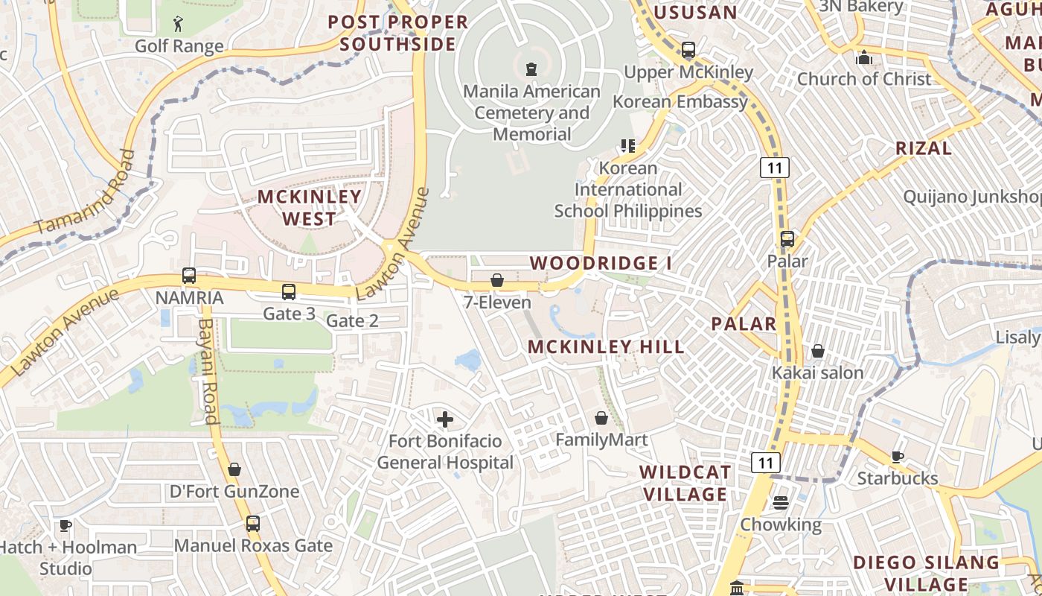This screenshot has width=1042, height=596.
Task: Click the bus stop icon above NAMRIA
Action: pos(189,276)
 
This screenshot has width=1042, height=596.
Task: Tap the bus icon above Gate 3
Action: pos(288,292)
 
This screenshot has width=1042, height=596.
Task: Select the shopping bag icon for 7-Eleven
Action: pos(496,280)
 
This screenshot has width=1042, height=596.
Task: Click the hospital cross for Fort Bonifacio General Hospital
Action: pos(445,419)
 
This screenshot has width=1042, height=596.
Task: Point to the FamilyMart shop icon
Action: pos(601,418)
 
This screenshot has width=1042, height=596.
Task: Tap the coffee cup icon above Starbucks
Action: pos(898,457)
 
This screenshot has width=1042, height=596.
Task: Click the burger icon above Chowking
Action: pos(780,503)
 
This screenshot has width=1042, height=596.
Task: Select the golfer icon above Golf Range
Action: pos(178,25)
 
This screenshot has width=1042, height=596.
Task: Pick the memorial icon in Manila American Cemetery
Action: pos(531,69)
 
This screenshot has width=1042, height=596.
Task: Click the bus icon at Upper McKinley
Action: pos(688,50)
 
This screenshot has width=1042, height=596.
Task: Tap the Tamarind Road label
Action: pos(86,191)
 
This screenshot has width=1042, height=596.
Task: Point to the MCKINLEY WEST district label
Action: pos(309,208)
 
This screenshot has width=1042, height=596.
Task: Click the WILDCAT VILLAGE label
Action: pos(685,483)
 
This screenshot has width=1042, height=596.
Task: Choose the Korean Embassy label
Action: pos(680,102)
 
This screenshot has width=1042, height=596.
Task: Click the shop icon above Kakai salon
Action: pos(818,350)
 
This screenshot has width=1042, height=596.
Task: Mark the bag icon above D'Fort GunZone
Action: pos(234,469)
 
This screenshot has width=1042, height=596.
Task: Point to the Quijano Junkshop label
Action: pos(972,197)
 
